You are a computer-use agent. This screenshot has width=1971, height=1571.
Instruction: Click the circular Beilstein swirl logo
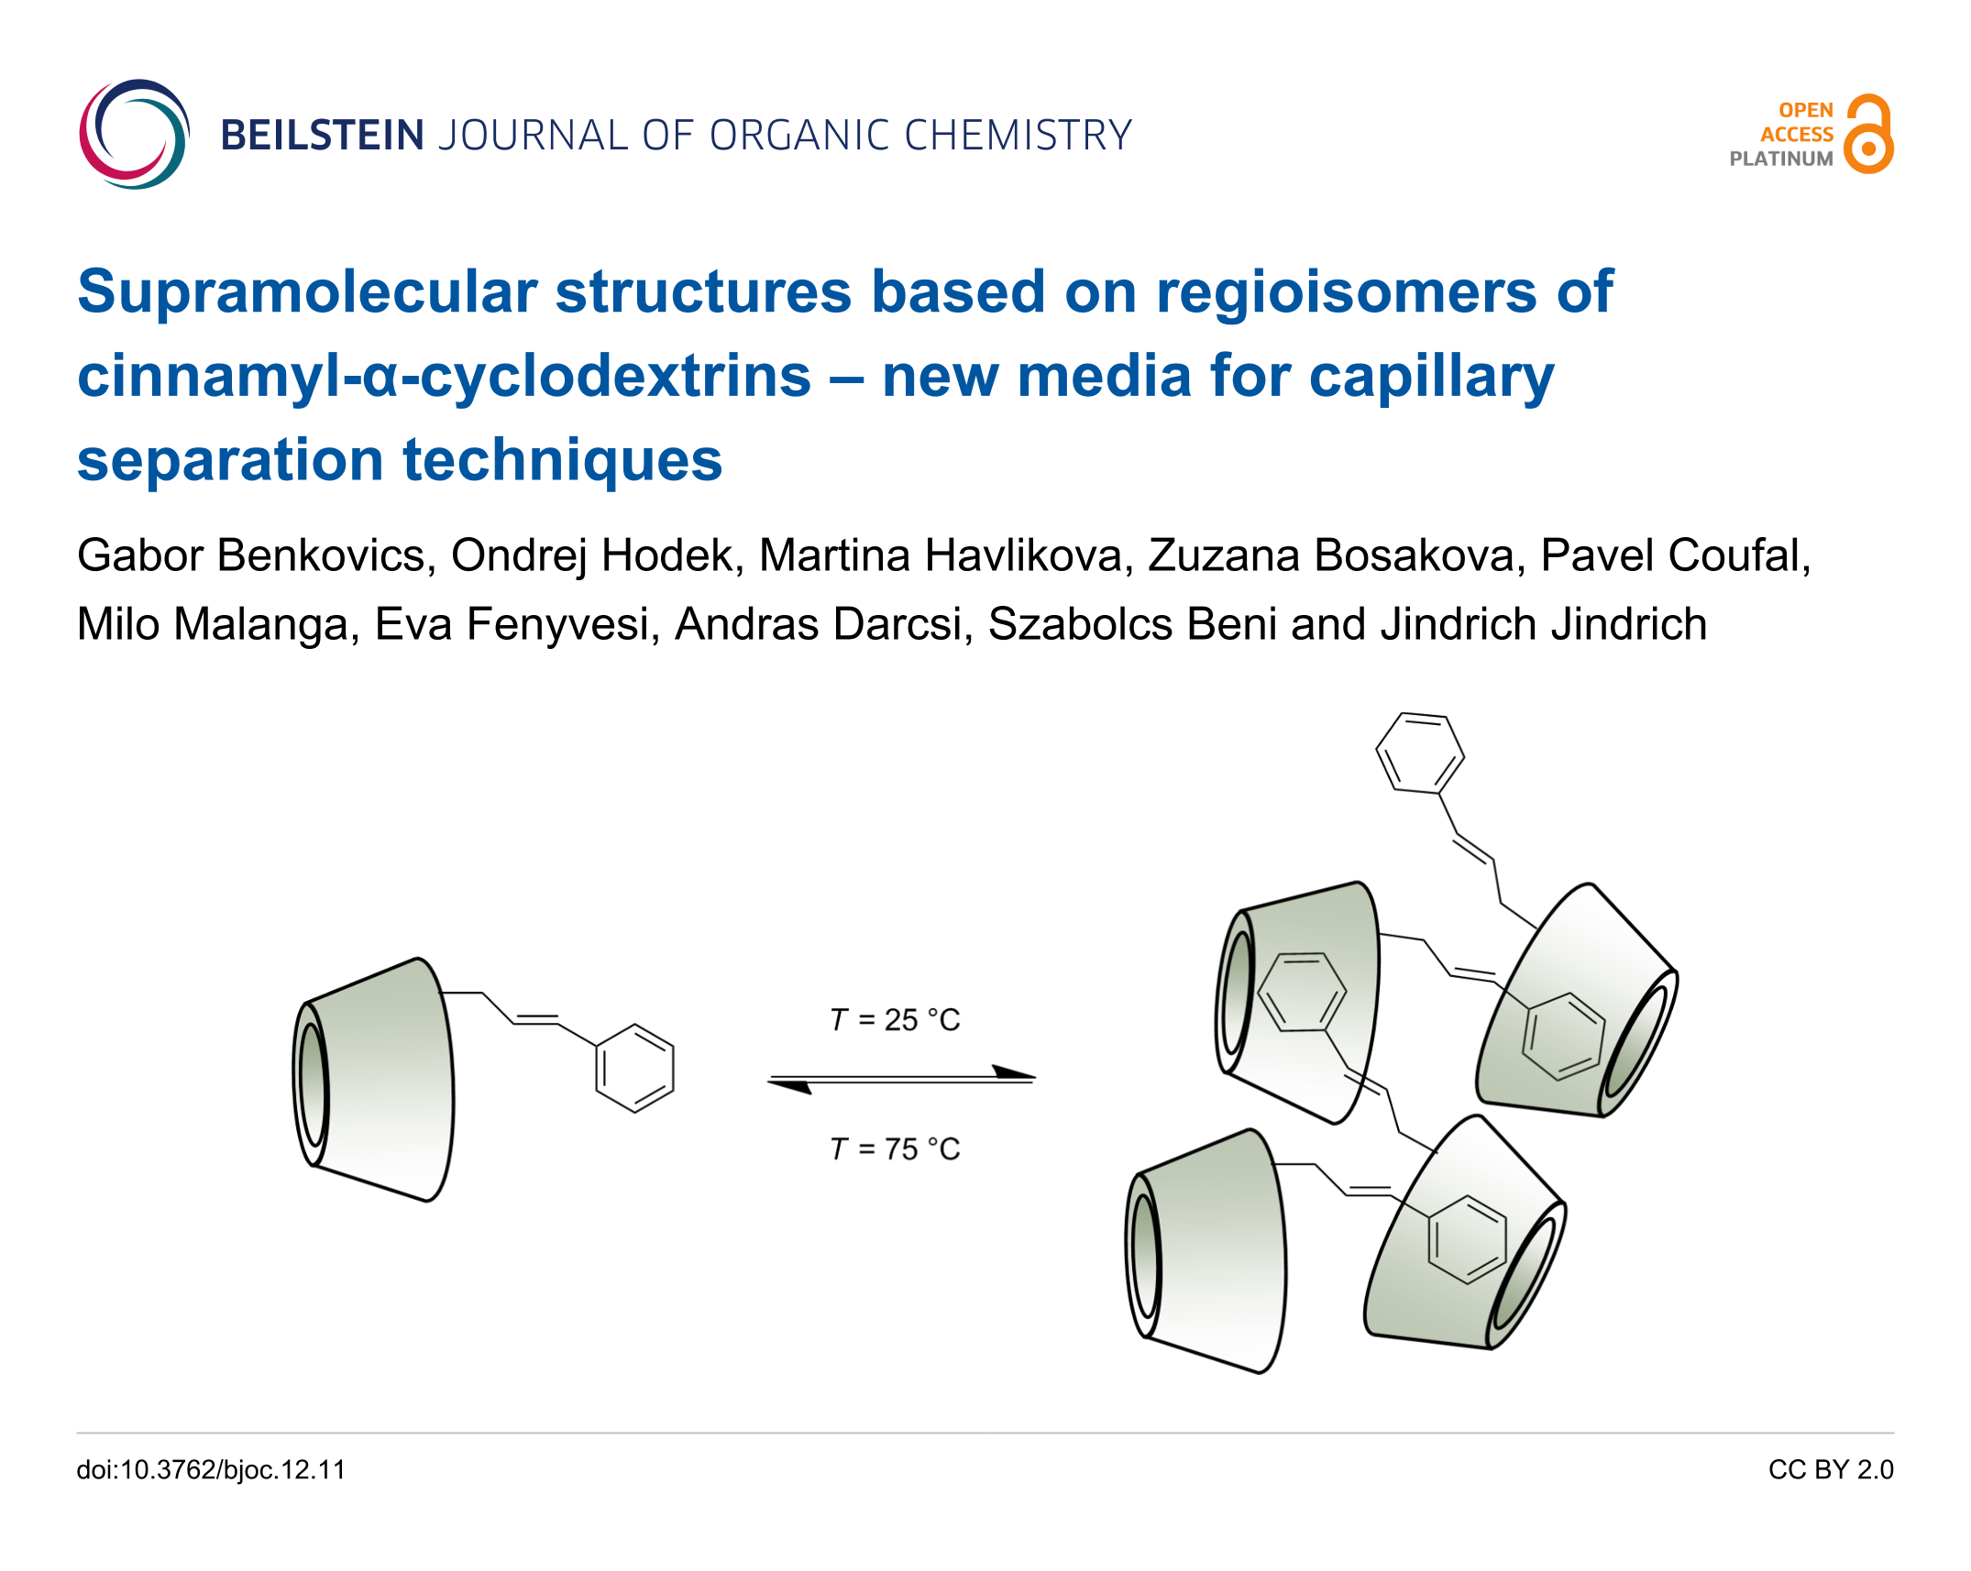[134, 134]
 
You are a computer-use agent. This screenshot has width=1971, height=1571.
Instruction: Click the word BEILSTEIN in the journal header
[322, 136]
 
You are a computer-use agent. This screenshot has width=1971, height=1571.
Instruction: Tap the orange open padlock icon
[1867, 134]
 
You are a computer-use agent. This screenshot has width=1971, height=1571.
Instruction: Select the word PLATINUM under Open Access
[1780, 159]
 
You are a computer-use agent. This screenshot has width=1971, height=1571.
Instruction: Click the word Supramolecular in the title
[306, 292]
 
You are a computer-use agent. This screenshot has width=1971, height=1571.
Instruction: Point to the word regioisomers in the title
[1346, 292]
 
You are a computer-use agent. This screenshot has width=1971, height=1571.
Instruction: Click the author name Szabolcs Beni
[1131, 624]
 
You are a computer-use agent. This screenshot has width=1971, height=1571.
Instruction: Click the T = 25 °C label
[895, 1019]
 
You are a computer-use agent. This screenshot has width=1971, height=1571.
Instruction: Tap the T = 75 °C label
[895, 1148]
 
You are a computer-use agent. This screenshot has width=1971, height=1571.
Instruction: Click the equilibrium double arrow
[901, 1079]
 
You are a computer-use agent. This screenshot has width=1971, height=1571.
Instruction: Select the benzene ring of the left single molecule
[634, 1068]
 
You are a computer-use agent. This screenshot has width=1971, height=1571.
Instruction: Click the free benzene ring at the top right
[1419, 753]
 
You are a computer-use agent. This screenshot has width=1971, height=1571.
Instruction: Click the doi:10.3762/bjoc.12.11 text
[211, 1469]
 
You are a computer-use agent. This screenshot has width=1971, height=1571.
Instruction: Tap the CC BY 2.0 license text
[1830, 1469]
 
